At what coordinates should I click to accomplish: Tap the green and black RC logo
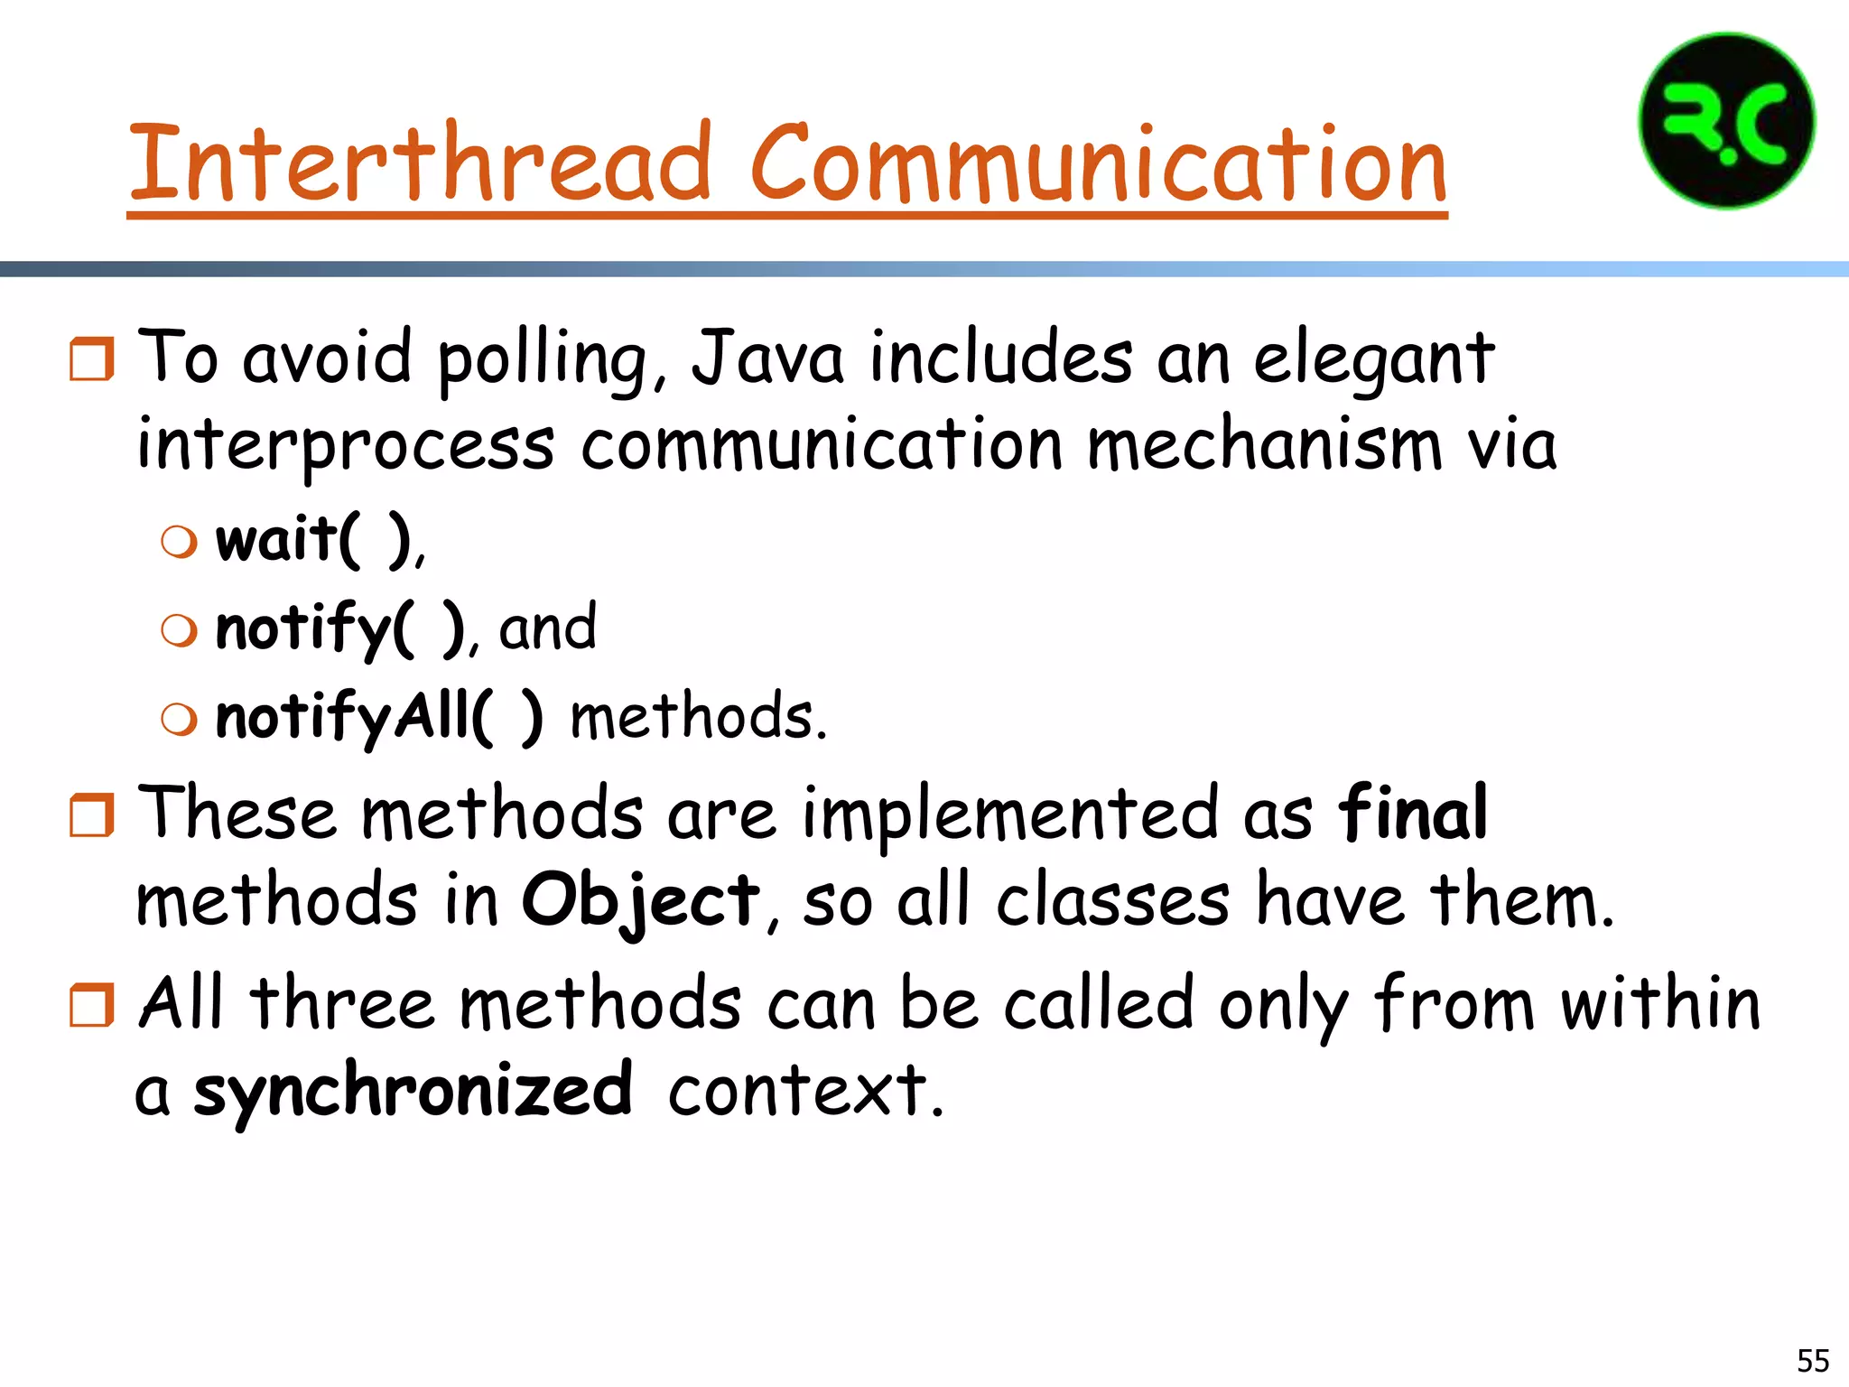(1726, 121)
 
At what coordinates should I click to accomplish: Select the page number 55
(1813, 1360)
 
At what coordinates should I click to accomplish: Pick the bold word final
(1411, 813)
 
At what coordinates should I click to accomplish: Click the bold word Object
(640, 900)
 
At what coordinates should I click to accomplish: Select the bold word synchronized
(413, 1090)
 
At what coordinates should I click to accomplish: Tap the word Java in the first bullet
(767, 358)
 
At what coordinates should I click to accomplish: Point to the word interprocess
(345, 446)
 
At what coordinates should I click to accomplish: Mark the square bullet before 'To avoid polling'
(92, 358)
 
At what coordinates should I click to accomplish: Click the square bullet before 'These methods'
(92, 815)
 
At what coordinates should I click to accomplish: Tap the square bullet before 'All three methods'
(92, 1005)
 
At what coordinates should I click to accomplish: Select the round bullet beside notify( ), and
(179, 630)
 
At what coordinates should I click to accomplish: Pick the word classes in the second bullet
(1112, 900)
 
